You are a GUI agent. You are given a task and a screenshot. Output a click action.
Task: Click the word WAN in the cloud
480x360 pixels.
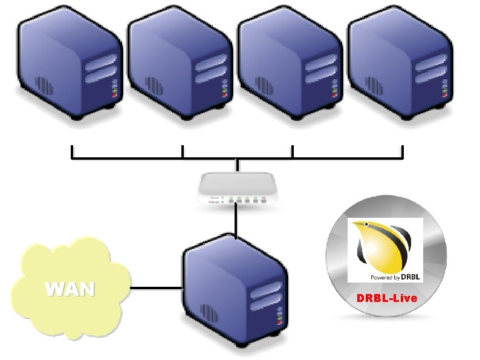(x=70, y=289)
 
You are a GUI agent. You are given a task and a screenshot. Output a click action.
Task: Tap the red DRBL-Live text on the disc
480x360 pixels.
(x=387, y=298)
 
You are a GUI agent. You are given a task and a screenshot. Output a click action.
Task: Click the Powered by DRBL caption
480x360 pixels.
(x=395, y=277)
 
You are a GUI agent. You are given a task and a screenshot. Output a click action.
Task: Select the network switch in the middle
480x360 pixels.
(x=237, y=188)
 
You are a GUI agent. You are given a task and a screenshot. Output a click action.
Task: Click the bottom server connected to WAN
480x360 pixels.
(x=235, y=290)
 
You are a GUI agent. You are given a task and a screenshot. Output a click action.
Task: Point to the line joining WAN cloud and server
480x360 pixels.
(x=156, y=288)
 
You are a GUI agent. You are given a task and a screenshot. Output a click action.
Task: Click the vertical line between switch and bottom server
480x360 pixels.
(x=235, y=220)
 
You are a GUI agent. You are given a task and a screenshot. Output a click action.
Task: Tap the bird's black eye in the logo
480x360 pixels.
(x=366, y=224)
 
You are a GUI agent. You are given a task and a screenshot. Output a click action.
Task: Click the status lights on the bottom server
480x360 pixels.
(x=279, y=316)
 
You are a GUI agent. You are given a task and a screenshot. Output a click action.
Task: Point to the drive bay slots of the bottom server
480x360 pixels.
(x=266, y=296)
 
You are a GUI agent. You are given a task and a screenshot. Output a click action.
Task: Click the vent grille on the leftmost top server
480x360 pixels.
(x=44, y=85)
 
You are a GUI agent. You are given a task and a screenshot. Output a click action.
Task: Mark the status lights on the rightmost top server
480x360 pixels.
(x=445, y=88)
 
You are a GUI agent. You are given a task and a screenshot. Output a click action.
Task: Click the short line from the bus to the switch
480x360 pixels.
(x=236, y=165)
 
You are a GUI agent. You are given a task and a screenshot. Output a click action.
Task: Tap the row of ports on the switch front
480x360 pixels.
(x=247, y=201)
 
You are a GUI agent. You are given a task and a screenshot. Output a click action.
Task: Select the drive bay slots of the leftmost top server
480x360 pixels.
(x=100, y=68)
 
